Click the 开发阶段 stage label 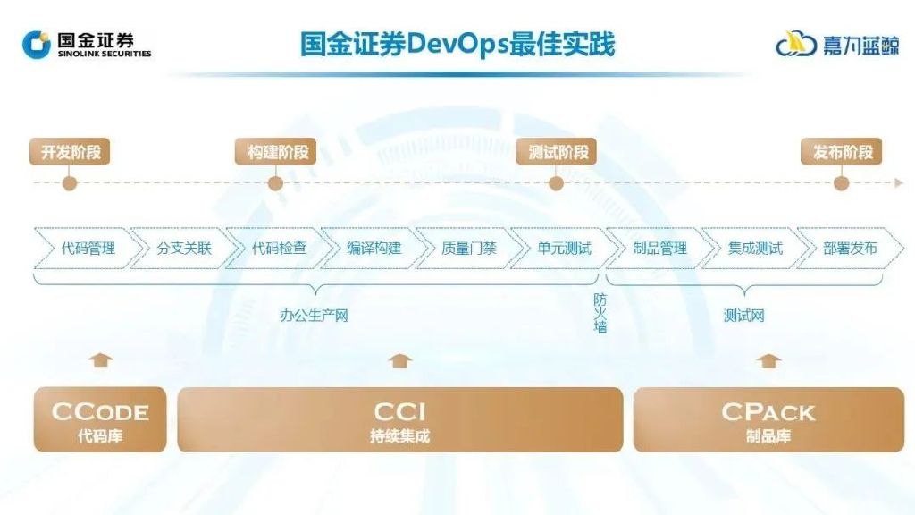[71, 152]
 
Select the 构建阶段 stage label [278, 152]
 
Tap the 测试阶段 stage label [558, 152]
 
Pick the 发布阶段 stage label [842, 152]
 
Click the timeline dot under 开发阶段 [70, 183]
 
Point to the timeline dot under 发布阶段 [841, 183]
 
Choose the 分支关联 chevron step [183, 249]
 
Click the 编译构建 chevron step [374, 249]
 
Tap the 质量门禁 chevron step [468, 249]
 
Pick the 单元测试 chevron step [564, 249]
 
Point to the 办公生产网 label [313, 316]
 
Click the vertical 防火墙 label [600, 314]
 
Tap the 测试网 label [743, 316]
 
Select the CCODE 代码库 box [100, 419]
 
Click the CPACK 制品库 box [768, 419]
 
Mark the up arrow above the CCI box [401, 361]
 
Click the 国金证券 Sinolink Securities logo [87, 43]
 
